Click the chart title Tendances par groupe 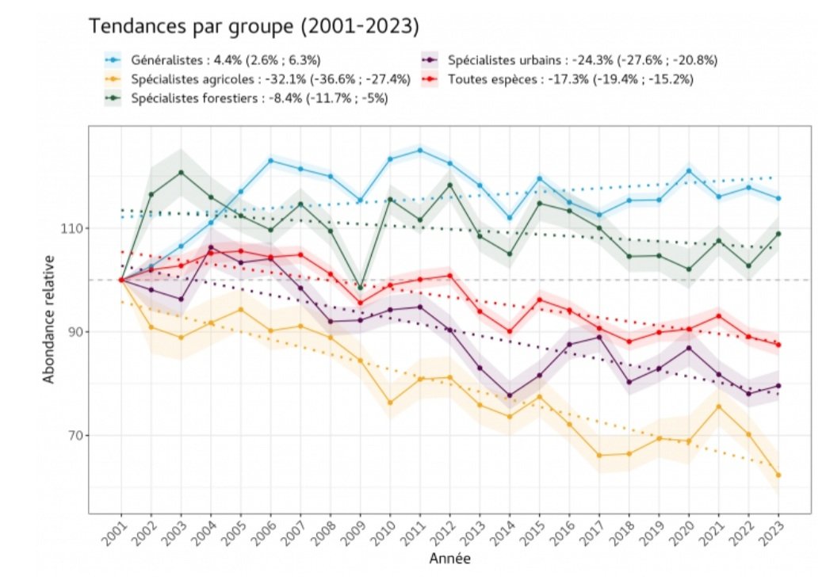click(x=253, y=26)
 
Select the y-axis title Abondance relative click(x=48, y=319)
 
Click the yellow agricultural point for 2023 click(x=778, y=475)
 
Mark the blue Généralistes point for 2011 click(x=419, y=150)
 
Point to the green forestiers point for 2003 click(x=181, y=172)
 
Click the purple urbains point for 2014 click(x=510, y=395)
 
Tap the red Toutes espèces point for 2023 click(x=778, y=345)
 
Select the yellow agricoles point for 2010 click(x=390, y=403)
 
